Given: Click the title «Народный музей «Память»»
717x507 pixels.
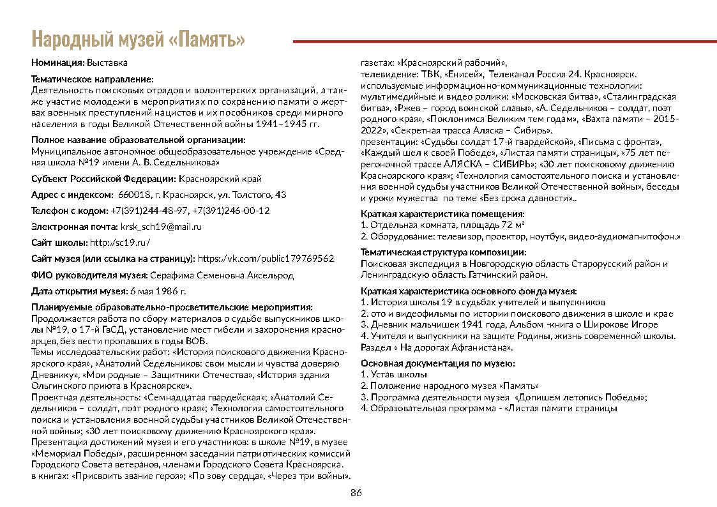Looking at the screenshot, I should (x=138, y=40).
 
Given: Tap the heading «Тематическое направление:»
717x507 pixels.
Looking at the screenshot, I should (x=93, y=79).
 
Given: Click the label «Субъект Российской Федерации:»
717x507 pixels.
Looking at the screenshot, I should (x=104, y=179).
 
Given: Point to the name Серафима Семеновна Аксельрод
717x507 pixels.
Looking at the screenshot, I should (x=222, y=275).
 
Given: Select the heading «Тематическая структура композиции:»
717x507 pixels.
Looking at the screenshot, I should (x=448, y=252).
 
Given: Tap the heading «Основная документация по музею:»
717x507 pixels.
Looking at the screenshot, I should (x=438, y=363).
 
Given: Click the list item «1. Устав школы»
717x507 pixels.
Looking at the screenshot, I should (x=394, y=374).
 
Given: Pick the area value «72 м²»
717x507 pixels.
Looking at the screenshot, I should (x=511, y=225).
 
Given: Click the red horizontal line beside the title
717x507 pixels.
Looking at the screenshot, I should (x=504, y=41).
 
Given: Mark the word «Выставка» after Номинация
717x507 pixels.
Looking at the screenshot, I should (x=107, y=63).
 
